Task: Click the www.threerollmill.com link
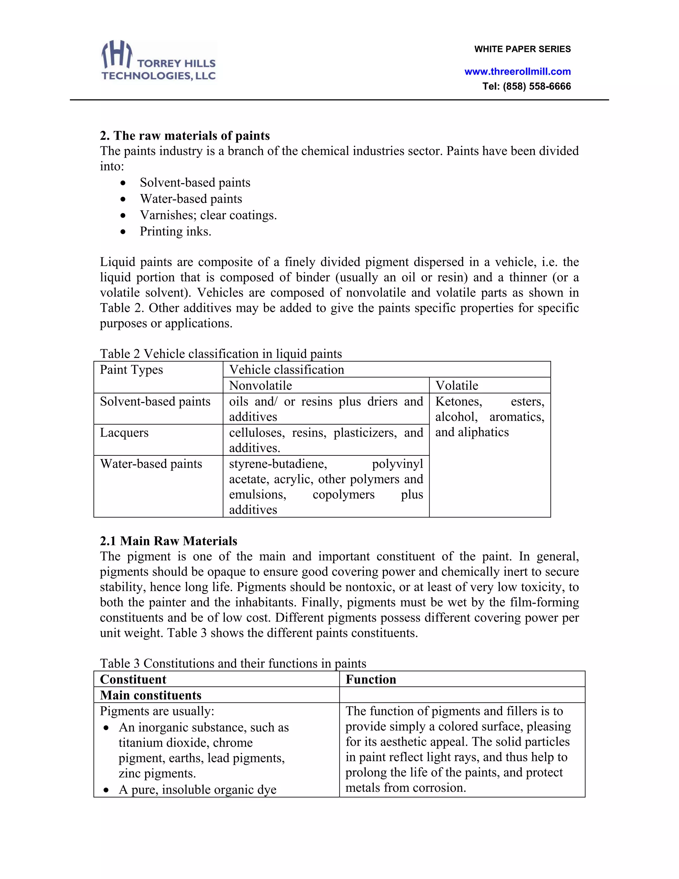[x=517, y=72]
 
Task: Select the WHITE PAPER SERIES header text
[x=522, y=49]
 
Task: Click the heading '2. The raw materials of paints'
[x=185, y=136]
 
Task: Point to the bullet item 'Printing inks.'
[x=175, y=232]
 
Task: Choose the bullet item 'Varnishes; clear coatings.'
[x=208, y=215]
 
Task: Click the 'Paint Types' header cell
[x=132, y=370]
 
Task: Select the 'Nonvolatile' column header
[x=260, y=385]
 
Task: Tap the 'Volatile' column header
[x=457, y=385]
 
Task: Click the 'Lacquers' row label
[x=124, y=433]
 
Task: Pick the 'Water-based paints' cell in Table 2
[x=151, y=464]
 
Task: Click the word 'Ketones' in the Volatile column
[x=458, y=402]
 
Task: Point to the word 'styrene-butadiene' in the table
[x=278, y=464]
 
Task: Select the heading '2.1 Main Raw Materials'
[x=168, y=541]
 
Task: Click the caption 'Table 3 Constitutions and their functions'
[x=233, y=663]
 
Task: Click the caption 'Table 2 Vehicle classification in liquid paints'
[x=221, y=354]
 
